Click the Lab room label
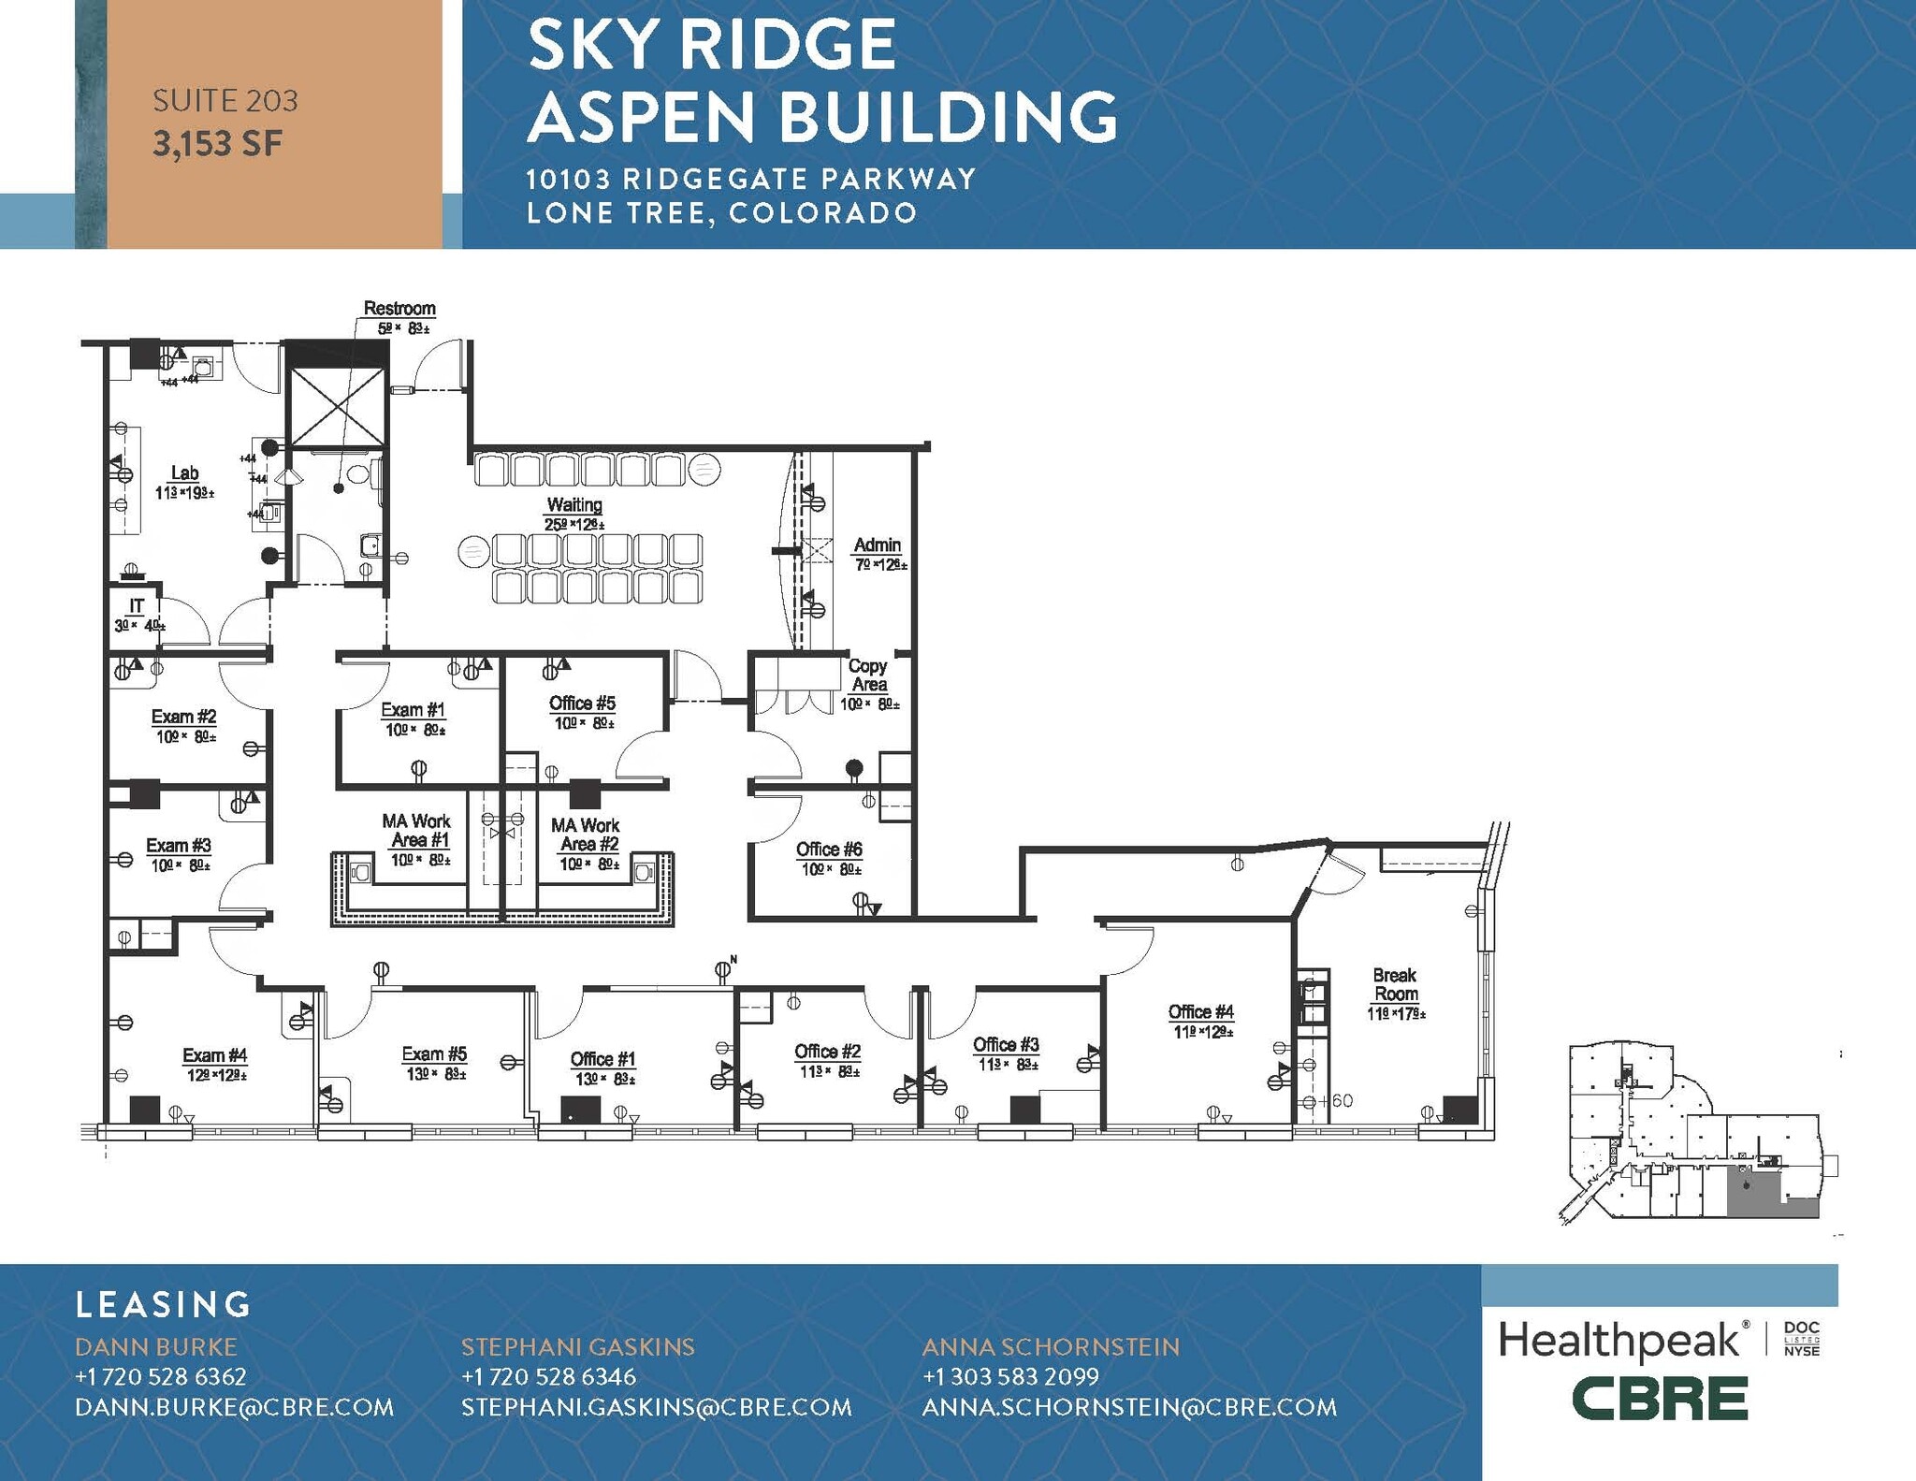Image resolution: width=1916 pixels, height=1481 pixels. pos(184,473)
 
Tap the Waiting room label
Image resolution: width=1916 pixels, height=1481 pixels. pos(574,505)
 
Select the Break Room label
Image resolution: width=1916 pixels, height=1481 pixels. pos(1395,984)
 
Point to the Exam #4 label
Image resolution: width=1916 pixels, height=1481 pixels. pos(214,1055)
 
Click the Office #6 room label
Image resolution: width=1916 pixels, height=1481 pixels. pos(829,849)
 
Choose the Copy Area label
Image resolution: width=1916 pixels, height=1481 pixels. pos(867,675)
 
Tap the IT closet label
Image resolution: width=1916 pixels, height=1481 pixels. pos(137,606)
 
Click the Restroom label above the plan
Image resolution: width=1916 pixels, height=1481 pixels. pos(399,309)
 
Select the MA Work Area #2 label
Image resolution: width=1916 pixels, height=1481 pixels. pos(585,835)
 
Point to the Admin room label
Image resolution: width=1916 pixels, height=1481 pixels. pos(877,544)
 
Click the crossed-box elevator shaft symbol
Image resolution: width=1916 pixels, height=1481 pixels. pos(336,406)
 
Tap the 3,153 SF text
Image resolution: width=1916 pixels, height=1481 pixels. pos(217,144)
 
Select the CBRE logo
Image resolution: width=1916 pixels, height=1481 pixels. pos(1659,1399)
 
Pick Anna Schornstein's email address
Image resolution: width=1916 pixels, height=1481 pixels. pos(1129,1407)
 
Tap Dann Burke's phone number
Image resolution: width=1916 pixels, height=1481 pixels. pos(161,1376)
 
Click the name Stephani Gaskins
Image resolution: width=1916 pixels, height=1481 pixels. pos(577,1346)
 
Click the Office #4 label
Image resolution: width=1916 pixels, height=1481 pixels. pos(1200,1011)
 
